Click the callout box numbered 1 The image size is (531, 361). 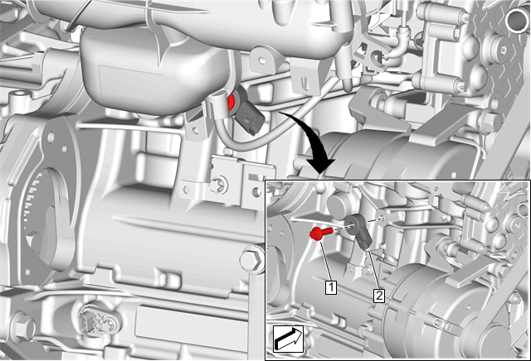pyautogui.click(x=331, y=287)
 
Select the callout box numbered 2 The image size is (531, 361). pyautogui.click(x=379, y=296)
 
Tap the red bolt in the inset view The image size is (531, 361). pyautogui.click(x=321, y=233)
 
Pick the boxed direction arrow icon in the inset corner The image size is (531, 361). pyautogui.click(x=288, y=339)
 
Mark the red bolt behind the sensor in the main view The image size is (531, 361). pyautogui.click(x=231, y=103)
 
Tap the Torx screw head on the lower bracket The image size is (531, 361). pyautogui.click(x=219, y=185)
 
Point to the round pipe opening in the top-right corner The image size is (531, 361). pyautogui.click(x=516, y=20)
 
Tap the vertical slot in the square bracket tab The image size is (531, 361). pyautogui.click(x=304, y=84)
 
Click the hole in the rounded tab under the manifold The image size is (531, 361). pyautogui.click(x=261, y=60)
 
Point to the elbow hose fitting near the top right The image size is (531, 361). pyautogui.click(x=397, y=46)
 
